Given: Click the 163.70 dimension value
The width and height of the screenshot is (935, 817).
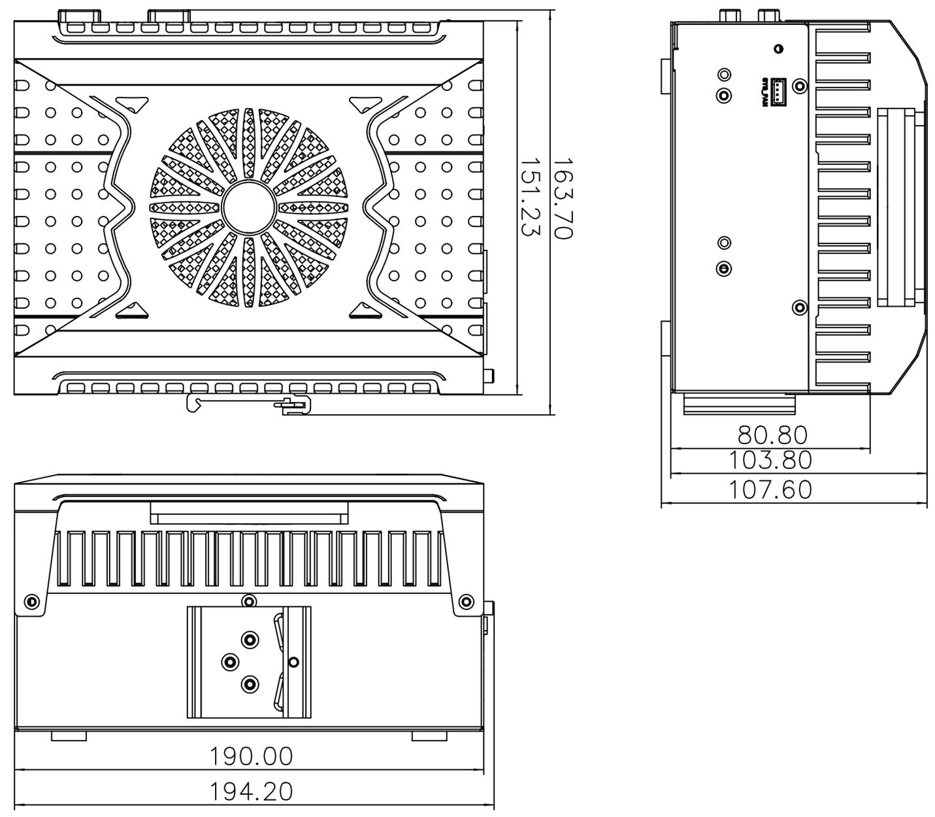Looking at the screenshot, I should coord(563,198).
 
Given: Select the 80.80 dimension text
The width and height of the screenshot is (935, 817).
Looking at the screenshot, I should coord(772,435).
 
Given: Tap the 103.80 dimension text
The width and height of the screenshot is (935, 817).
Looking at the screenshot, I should coord(770,461).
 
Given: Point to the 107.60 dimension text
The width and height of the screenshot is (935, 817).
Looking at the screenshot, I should coord(770,490).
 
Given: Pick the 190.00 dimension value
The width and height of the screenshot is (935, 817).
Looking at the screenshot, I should coord(251,757).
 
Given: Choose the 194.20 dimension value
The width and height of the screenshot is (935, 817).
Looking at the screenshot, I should coord(251,792).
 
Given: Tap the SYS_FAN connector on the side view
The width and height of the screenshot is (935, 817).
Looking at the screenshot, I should coord(779,92).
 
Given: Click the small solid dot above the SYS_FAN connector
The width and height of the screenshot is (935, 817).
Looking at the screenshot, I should coord(778,49).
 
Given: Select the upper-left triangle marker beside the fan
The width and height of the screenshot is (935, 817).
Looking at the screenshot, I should coord(133,103).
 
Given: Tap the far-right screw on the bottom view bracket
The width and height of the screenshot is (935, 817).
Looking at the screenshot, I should coord(466,602).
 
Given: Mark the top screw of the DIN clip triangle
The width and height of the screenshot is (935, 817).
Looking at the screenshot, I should coord(250,639).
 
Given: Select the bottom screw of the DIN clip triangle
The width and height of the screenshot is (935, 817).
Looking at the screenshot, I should coord(250,685).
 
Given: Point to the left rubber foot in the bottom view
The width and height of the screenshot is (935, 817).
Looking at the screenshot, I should coord(69,737).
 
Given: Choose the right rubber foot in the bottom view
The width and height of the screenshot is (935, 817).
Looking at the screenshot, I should coord(429,737).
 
